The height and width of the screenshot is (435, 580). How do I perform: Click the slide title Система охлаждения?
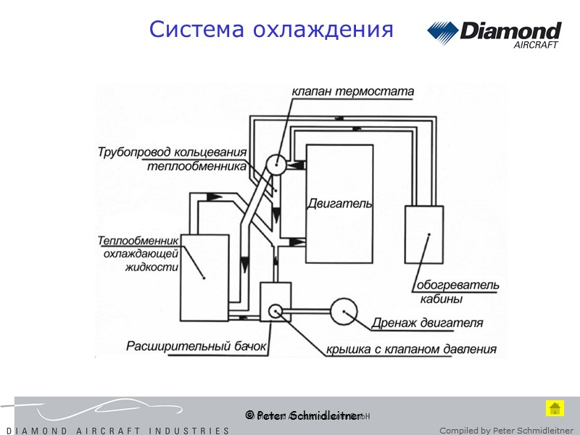pyautogui.click(x=271, y=30)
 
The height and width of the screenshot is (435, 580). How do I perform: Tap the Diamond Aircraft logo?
pyautogui.click(x=494, y=34)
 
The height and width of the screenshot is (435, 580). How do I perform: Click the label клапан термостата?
pyautogui.click(x=352, y=92)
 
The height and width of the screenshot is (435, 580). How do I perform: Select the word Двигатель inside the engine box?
pyautogui.click(x=339, y=204)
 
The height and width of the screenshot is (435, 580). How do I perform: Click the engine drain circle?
pyautogui.click(x=344, y=312)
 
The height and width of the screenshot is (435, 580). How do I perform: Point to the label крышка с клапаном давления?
pyautogui.click(x=410, y=349)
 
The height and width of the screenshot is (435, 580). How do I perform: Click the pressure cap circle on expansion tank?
pyautogui.click(x=275, y=311)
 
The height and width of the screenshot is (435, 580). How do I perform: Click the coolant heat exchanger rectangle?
pyautogui.click(x=205, y=277)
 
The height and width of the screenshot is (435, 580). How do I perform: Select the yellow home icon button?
pyautogui.click(x=555, y=408)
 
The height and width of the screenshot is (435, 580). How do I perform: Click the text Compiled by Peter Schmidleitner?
pyautogui.click(x=506, y=431)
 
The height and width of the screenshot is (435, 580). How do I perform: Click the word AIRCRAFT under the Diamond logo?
pyautogui.click(x=536, y=45)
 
